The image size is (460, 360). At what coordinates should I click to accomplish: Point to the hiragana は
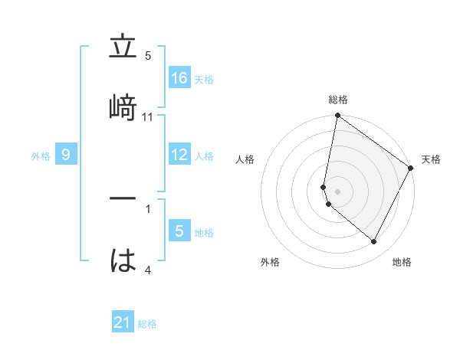(x=123, y=260)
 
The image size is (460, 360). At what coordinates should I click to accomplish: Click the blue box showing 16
(x=179, y=77)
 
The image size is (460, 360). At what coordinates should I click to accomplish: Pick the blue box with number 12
(x=179, y=155)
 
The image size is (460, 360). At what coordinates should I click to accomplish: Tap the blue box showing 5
(x=179, y=231)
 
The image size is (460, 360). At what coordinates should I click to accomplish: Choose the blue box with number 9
(x=66, y=155)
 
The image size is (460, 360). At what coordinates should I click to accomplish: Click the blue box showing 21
(x=123, y=322)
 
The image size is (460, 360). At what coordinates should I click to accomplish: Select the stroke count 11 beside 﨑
(x=148, y=117)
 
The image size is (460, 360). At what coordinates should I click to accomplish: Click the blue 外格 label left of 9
(x=41, y=156)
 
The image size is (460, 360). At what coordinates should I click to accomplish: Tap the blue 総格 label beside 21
(x=147, y=324)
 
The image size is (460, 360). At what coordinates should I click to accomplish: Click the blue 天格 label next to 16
(x=204, y=79)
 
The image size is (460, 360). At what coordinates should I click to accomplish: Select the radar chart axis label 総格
(x=338, y=100)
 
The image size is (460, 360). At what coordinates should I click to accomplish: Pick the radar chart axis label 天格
(x=431, y=159)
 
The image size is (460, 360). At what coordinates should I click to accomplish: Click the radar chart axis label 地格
(x=402, y=262)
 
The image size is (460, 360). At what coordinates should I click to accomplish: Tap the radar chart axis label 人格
(x=245, y=159)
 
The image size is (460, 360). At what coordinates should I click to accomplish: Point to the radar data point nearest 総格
(x=337, y=116)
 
